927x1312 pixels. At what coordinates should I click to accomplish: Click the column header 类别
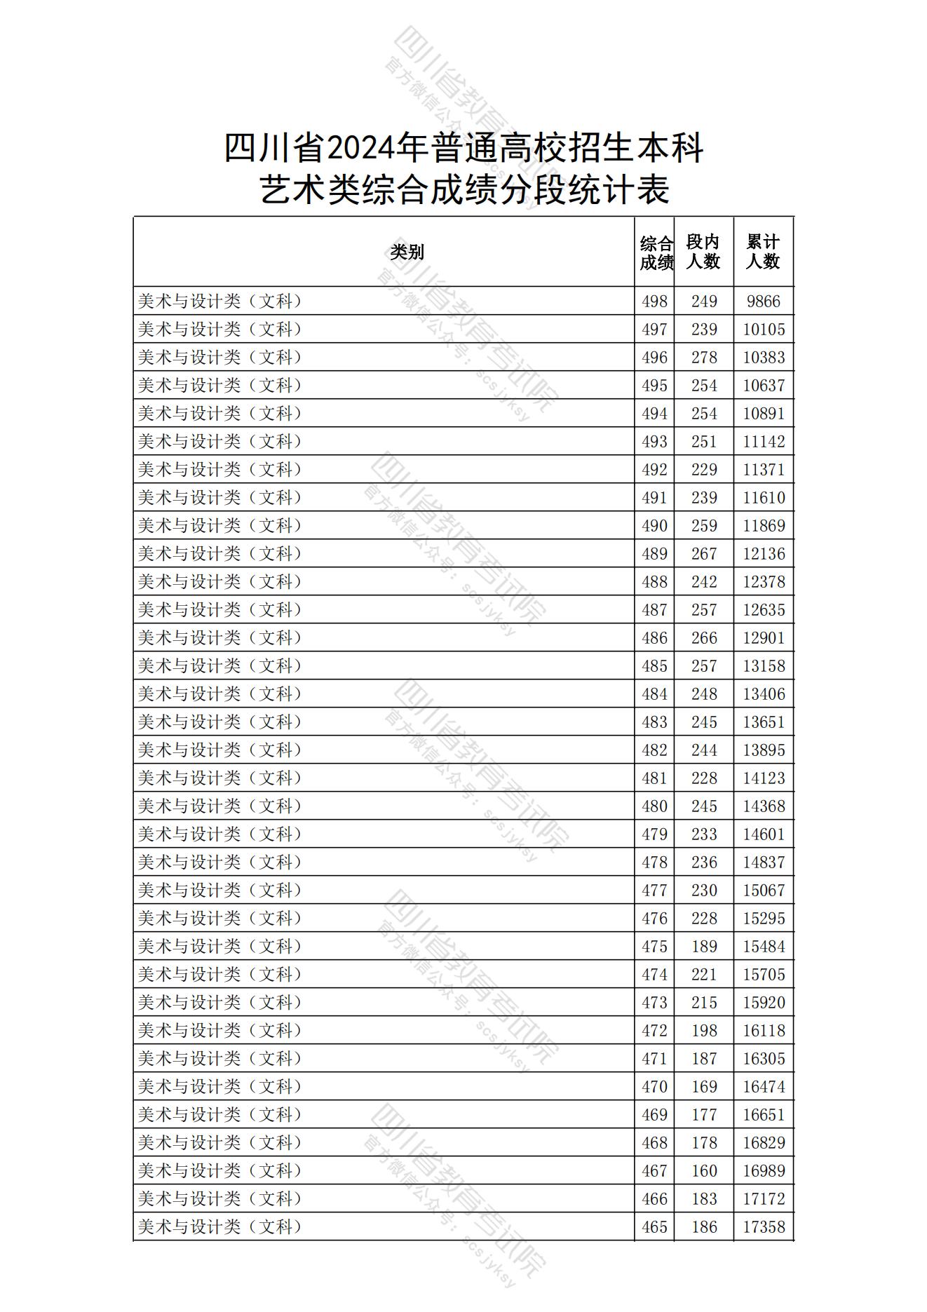click(x=407, y=252)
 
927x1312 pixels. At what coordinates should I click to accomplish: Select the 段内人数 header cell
click(x=703, y=252)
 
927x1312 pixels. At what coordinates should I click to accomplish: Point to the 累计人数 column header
click(x=763, y=252)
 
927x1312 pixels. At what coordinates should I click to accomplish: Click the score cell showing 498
click(x=654, y=302)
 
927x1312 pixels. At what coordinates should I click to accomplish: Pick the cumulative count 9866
click(x=763, y=302)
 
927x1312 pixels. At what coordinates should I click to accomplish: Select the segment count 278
click(x=704, y=358)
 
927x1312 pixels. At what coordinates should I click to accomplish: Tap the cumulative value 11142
click(x=764, y=442)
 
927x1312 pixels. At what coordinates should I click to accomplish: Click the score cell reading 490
click(x=654, y=526)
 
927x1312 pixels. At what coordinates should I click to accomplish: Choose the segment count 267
click(x=704, y=554)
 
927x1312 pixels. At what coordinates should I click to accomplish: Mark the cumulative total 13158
click(x=764, y=666)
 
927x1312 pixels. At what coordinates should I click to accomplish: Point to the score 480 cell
click(x=654, y=806)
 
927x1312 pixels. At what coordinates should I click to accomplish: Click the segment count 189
click(x=704, y=947)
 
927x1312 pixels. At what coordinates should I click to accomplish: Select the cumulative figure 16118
click(x=764, y=1031)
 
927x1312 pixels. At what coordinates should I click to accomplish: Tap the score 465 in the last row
click(x=654, y=1227)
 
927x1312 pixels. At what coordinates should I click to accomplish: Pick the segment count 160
click(x=704, y=1171)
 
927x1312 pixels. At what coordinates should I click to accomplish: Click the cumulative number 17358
click(x=764, y=1227)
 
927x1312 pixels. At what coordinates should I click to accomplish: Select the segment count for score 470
click(x=704, y=1087)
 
